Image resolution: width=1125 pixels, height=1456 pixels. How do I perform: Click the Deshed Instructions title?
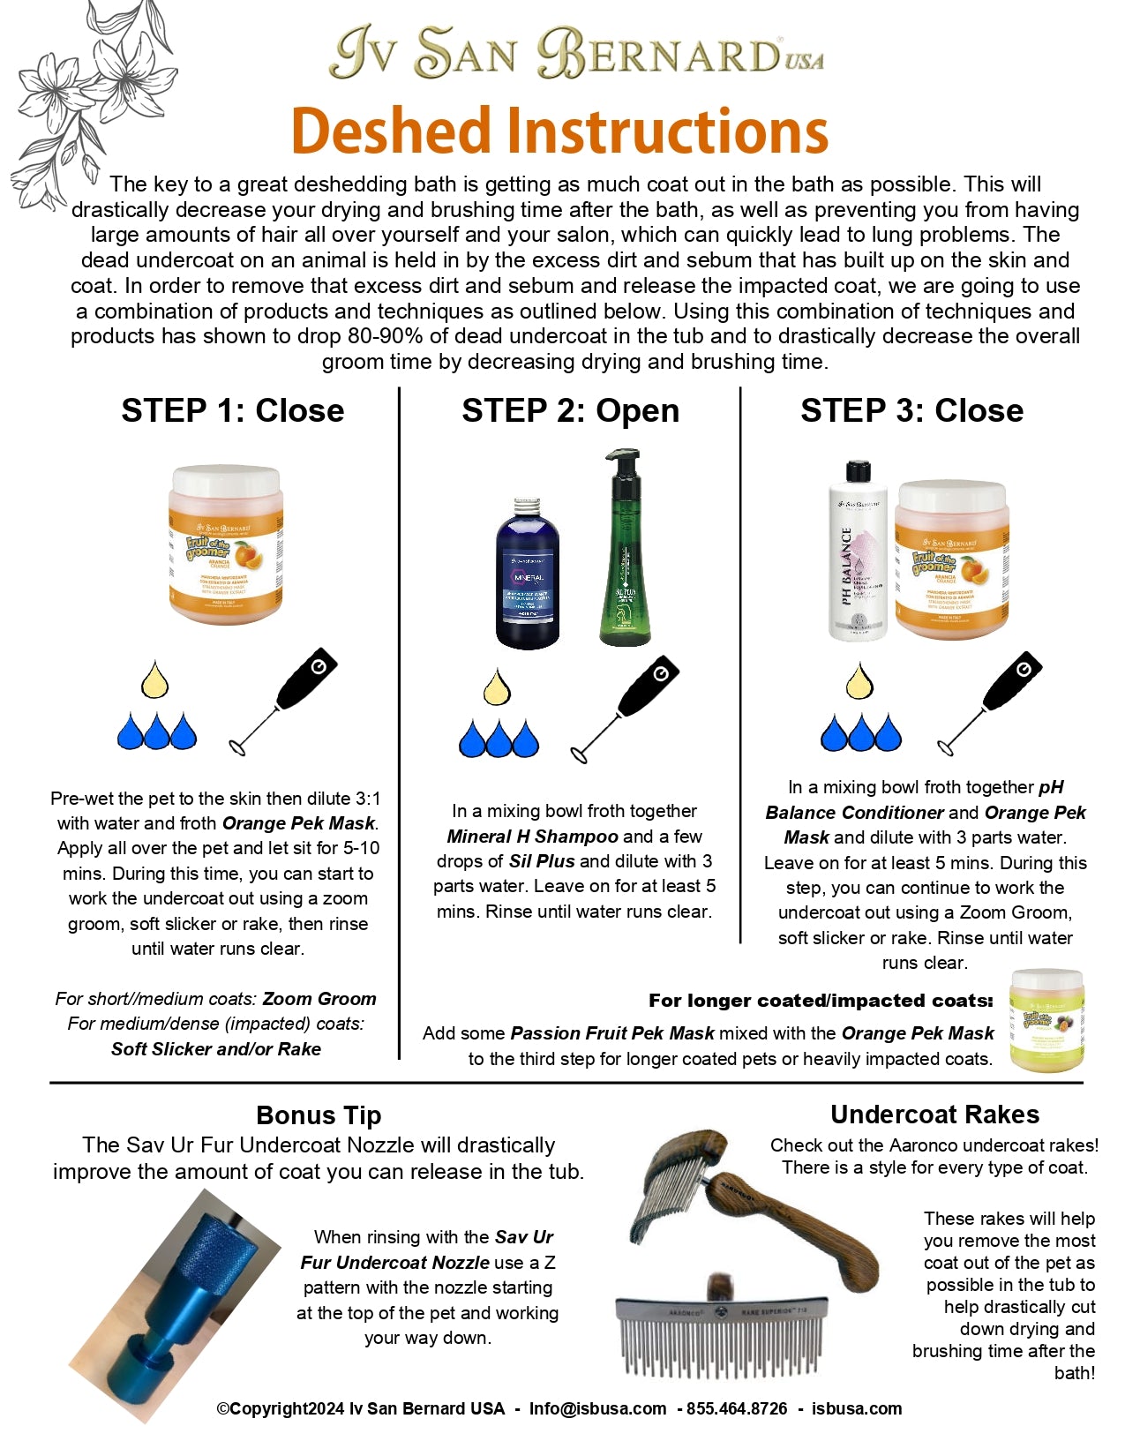(x=559, y=131)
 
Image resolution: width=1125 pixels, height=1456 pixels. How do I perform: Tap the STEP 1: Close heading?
(x=233, y=411)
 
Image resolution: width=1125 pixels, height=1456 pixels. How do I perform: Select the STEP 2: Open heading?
(x=570, y=411)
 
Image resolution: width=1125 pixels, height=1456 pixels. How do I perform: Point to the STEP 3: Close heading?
(x=911, y=411)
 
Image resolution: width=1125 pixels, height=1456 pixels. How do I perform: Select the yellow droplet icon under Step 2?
(x=497, y=688)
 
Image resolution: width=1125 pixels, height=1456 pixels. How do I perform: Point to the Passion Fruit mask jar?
(x=1046, y=1020)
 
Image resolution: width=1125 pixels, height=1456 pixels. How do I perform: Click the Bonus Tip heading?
(x=319, y=1115)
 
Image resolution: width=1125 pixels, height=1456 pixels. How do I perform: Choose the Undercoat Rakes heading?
(x=934, y=1115)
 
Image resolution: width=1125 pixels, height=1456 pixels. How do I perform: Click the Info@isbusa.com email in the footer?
(x=597, y=1409)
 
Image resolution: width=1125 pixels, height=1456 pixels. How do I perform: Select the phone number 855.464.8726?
(x=737, y=1409)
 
